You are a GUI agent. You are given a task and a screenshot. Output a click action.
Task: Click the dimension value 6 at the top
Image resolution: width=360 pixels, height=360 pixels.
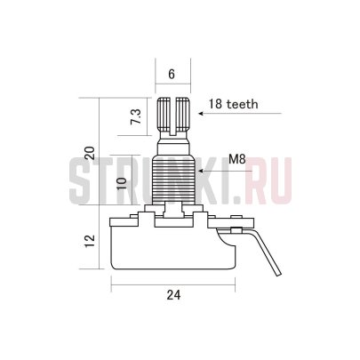[x=172, y=74]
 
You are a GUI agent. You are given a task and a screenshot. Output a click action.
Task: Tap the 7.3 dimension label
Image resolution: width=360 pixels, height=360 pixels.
[x=136, y=116]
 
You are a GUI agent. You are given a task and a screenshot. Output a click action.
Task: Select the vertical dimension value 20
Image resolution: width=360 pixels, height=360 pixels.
[x=90, y=153]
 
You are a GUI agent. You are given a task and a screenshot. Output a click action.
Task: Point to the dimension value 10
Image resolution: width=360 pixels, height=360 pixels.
[x=122, y=183]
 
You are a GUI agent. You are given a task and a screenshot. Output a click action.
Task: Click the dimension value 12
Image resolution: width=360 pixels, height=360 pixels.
[x=90, y=241]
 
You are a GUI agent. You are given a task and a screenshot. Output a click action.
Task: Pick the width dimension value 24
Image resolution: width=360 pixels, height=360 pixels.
[x=173, y=295]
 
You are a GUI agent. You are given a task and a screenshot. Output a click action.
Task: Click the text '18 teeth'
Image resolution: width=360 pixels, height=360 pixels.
[x=234, y=104]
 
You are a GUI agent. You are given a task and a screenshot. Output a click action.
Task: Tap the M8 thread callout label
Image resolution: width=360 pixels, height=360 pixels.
[x=237, y=160]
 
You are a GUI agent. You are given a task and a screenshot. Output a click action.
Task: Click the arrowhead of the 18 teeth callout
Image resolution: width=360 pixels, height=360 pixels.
[x=201, y=114]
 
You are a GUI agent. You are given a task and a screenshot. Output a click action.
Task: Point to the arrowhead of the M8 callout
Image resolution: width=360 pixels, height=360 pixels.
[x=201, y=171]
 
